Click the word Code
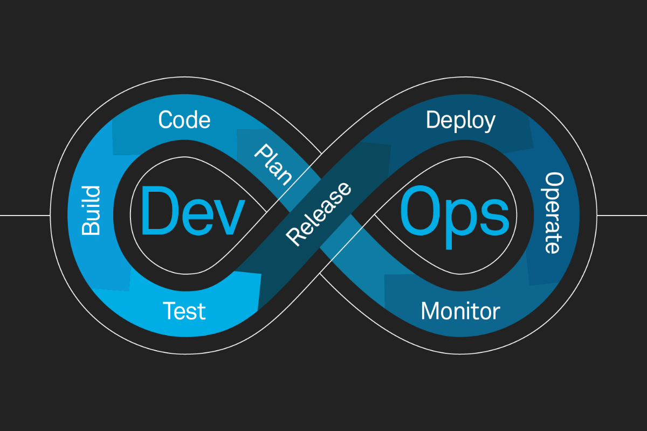184,120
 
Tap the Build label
91,211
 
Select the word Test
184,311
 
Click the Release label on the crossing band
319,214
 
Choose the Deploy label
460,121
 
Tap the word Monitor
460,311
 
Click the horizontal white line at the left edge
24,215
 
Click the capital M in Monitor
431,311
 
